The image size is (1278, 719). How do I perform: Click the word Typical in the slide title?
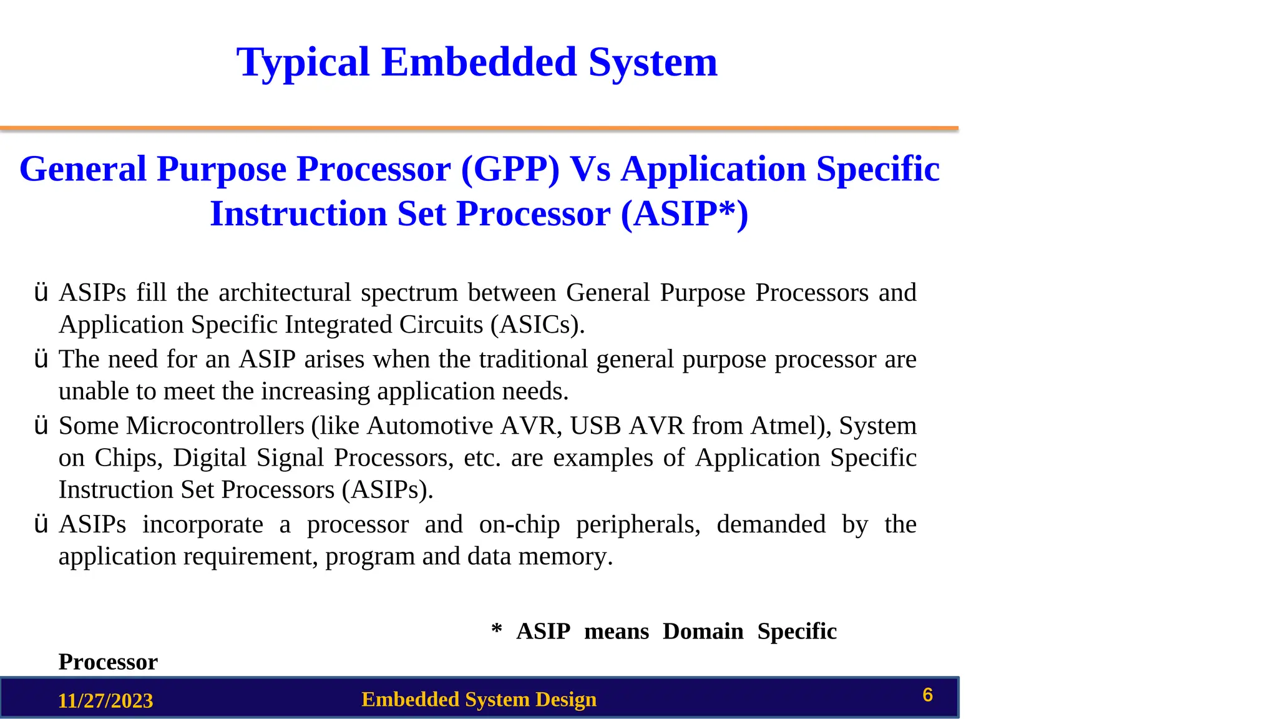(303, 63)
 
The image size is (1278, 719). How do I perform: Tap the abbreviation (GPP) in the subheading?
(510, 170)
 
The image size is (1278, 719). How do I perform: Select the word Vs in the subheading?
(590, 170)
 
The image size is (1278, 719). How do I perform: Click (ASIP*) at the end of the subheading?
(684, 215)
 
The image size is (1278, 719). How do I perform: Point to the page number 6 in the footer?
(927, 695)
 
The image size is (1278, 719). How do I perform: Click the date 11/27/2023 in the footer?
(105, 701)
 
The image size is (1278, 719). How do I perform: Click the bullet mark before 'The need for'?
(41, 359)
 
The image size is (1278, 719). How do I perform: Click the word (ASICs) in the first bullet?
(536, 325)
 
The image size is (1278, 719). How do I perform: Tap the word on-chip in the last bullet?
(519, 525)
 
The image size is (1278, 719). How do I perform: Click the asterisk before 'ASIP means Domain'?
(497, 629)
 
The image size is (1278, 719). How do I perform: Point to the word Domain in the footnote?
(703, 632)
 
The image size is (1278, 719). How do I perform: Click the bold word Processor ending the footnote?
(108, 662)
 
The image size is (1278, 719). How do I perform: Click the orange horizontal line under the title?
(479, 129)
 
